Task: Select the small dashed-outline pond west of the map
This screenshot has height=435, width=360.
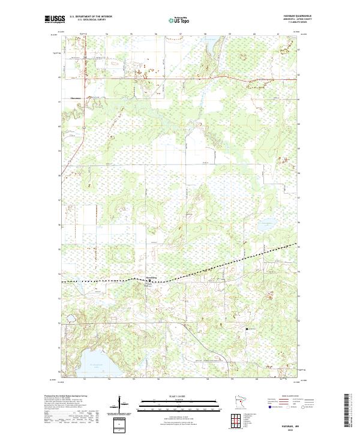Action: pos(70,319)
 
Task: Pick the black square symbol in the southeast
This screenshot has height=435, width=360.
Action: pos(246,329)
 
